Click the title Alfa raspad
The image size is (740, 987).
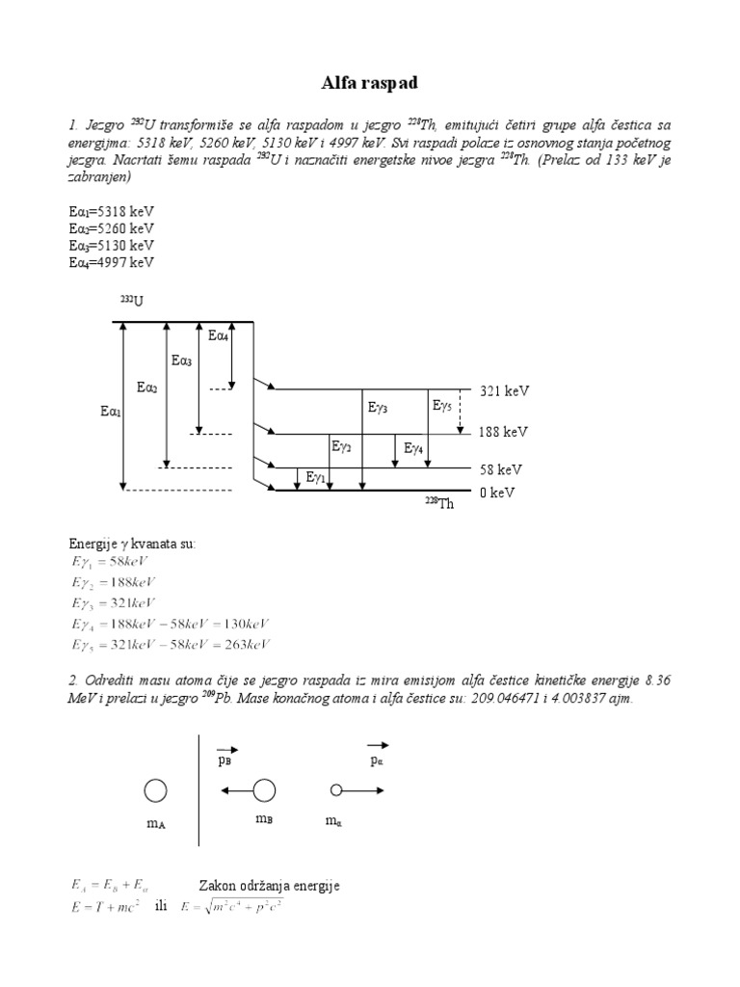369,85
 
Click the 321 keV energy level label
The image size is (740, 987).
504,391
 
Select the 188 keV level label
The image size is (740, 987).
504,432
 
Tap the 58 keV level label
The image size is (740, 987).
501,469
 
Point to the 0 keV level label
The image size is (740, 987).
497,493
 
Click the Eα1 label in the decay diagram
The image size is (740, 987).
111,412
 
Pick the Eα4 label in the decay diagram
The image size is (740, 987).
219,335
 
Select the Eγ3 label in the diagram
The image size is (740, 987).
378,409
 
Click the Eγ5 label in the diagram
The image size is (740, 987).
442,407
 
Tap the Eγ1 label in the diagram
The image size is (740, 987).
316,477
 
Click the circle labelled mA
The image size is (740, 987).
155,791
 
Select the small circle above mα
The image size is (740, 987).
336,790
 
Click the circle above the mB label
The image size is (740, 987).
264,791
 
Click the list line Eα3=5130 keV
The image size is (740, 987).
112,245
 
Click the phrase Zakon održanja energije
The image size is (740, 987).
269,886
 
